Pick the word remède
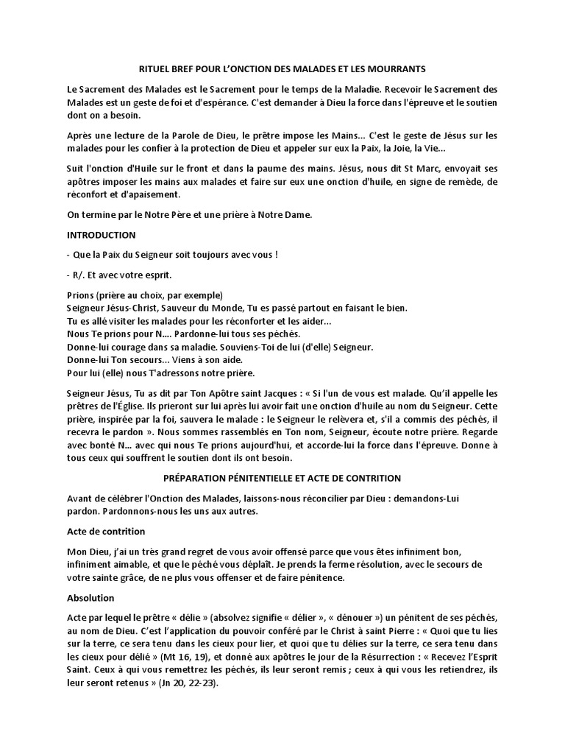tap(456, 181)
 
